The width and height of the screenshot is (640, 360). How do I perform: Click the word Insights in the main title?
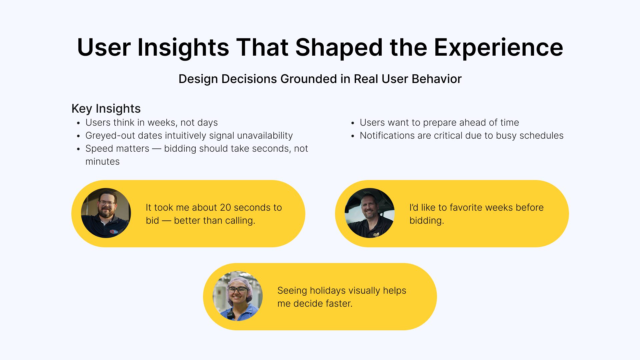[183, 47]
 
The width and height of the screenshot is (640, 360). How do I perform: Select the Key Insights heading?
[106, 109]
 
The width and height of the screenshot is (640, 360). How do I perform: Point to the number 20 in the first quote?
[225, 207]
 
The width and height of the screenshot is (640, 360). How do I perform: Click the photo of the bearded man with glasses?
[106, 213]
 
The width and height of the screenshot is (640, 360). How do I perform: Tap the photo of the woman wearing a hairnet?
[238, 296]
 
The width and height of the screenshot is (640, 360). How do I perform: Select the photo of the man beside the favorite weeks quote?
[369, 213]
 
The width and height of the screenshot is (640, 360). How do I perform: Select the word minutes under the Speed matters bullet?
[103, 162]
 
